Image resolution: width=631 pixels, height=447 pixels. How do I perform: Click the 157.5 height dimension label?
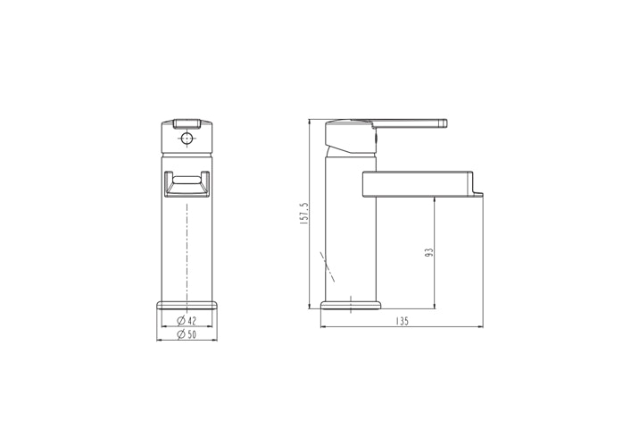pyautogui.click(x=304, y=214)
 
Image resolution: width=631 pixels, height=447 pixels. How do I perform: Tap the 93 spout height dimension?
pyautogui.click(x=429, y=253)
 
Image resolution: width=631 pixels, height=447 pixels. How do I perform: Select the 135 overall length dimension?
pyautogui.click(x=402, y=321)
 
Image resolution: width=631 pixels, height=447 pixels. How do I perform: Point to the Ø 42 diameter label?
pyautogui.click(x=187, y=320)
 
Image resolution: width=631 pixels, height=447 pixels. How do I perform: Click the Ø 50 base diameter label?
pyautogui.click(x=187, y=334)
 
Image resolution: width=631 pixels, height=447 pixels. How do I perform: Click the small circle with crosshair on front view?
pyautogui.click(x=187, y=139)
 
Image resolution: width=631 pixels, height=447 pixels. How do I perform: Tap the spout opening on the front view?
pyautogui.click(x=187, y=184)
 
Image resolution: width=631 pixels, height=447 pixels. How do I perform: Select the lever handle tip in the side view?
pyautogui.click(x=444, y=122)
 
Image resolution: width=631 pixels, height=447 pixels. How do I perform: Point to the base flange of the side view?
pyautogui.click(x=351, y=306)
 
